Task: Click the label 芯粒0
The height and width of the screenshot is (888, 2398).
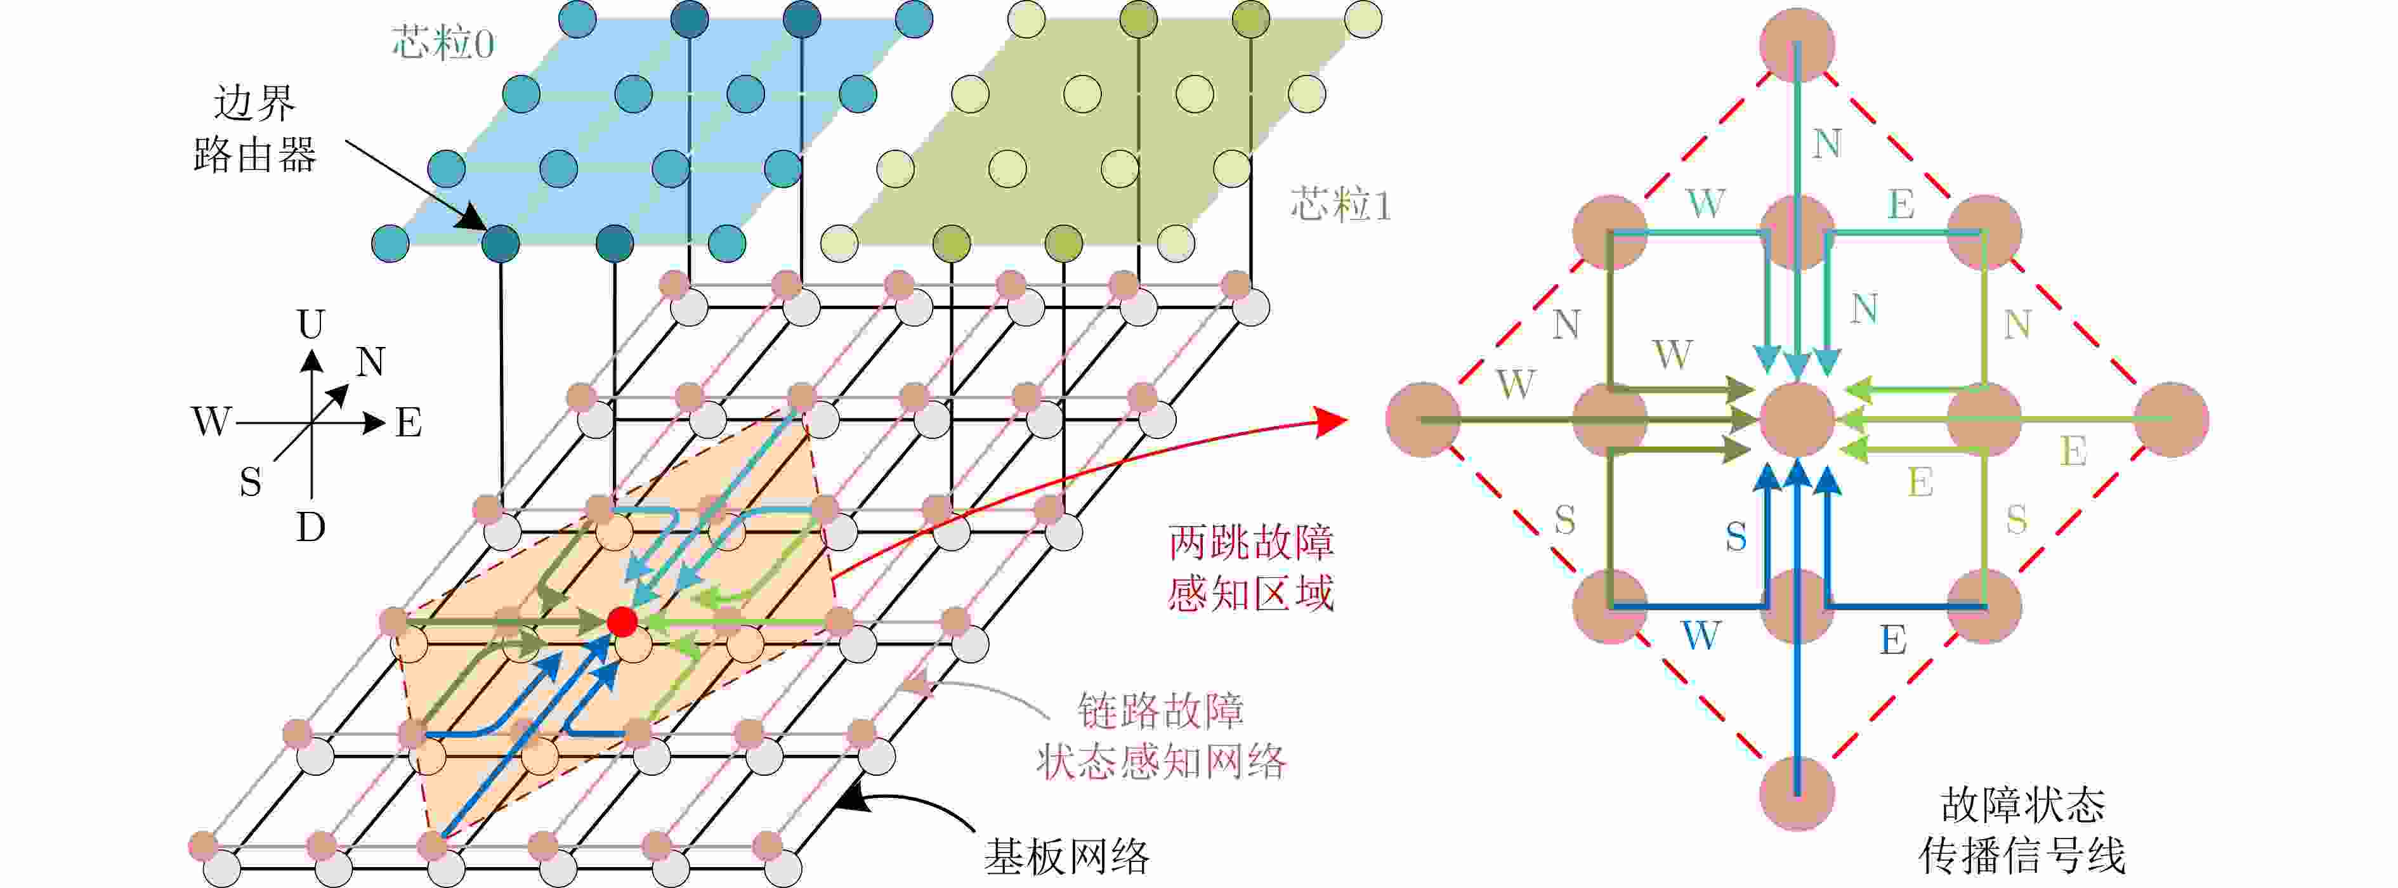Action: click(x=442, y=43)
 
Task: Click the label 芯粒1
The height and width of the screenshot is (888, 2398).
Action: click(x=1340, y=204)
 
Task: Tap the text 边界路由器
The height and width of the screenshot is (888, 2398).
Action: click(x=254, y=129)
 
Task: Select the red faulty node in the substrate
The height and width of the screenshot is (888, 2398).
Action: click(x=622, y=621)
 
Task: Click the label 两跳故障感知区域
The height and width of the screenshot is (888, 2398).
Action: click(x=1250, y=568)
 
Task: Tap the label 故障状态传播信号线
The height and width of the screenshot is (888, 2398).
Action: click(x=2022, y=830)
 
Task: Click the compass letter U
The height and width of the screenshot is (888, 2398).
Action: click(x=311, y=324)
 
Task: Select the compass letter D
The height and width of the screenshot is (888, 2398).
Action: click(x=311, y=528)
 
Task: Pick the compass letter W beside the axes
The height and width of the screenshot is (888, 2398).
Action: click(x=211, y=422)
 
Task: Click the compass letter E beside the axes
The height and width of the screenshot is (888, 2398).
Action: click(x=409, y=422)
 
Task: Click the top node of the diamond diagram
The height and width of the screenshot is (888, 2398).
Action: click(x=1797, y=44)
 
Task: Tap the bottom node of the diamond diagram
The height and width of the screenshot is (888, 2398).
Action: click(x=1797, y=793)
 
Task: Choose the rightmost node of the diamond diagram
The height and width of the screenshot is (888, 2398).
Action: click(x=2171, y=420)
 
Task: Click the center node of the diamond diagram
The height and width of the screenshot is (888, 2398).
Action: click(x=1797, y=420)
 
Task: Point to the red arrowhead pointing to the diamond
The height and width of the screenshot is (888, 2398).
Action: click(x=1333, y=421)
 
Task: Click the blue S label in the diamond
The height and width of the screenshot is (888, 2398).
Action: click(x=1735, y=536)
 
